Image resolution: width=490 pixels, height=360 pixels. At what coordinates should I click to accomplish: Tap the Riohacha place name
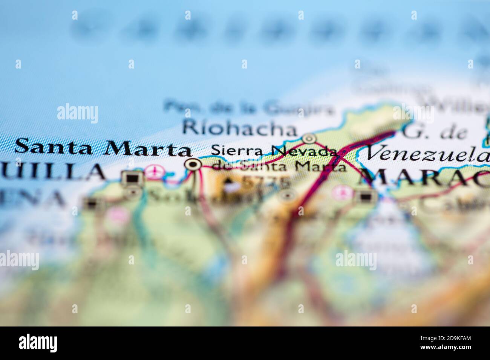tap(239, 129)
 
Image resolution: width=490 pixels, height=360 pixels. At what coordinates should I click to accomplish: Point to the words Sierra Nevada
tap(274, 151)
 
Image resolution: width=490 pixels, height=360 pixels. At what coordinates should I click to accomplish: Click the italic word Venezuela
tap(427, 154)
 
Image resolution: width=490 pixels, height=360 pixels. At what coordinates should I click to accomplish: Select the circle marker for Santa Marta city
tap(194, 164)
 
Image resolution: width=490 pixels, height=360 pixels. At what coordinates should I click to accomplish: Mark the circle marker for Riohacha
tap(310, 139)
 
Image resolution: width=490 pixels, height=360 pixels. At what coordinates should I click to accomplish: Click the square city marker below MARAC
tap(365, 196)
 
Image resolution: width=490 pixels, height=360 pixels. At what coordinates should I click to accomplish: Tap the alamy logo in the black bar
tap(38, 343)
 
